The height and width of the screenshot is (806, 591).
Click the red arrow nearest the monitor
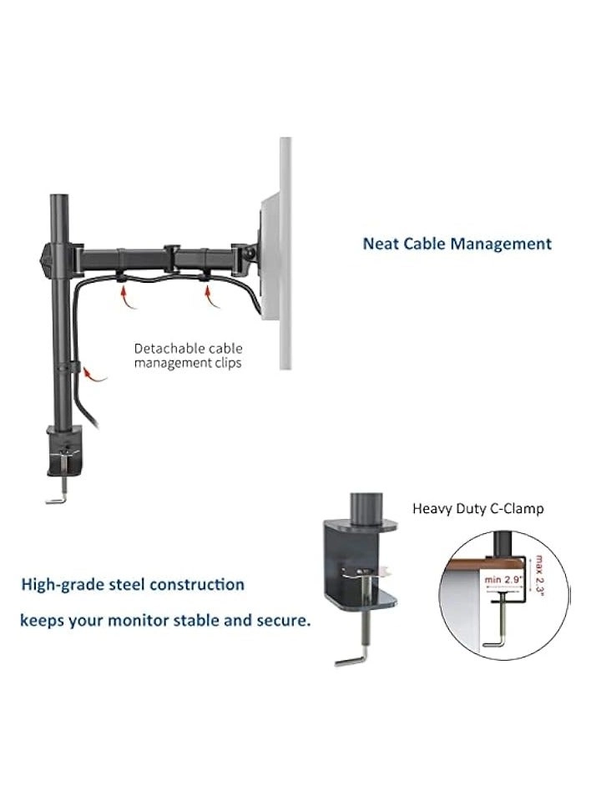click(210, 292)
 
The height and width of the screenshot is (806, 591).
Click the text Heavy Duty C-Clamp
click(477, 508)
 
